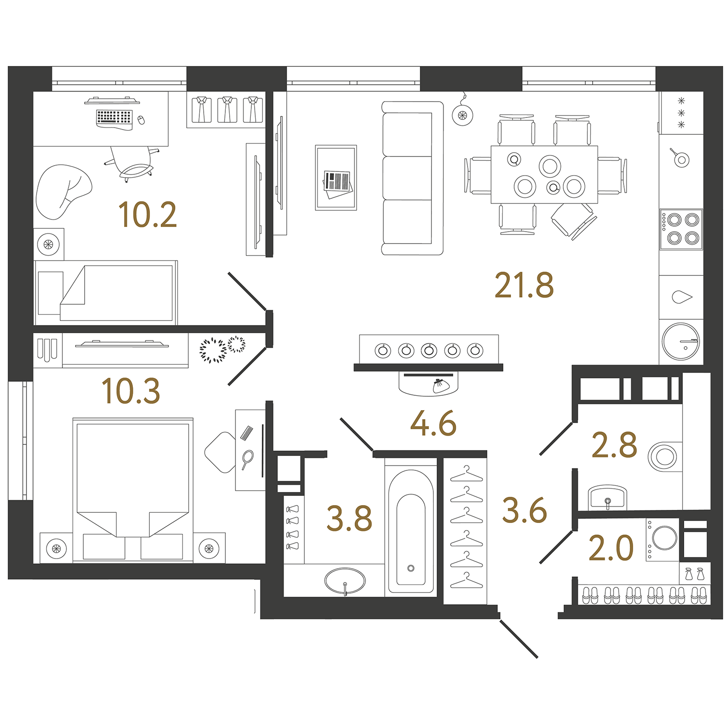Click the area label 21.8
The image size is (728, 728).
coord(524,286)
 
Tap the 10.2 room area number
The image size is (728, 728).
coord(147,215)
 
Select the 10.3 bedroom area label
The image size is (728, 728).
coord(130,391)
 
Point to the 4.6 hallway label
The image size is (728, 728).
coord(433,424)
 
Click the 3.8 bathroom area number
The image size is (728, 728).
coord(349,519)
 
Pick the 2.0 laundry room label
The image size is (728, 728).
coord(611,548)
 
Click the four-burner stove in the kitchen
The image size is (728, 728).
coord(681,229)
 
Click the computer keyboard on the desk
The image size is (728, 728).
coord(114,118)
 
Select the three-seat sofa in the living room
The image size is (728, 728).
coord(412,178)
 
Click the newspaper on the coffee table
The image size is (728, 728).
coord(338,183)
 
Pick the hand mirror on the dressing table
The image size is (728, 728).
coord(247,458)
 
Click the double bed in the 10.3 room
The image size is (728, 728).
coord(133,489)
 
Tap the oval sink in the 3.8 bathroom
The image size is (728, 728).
coord(345,581)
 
